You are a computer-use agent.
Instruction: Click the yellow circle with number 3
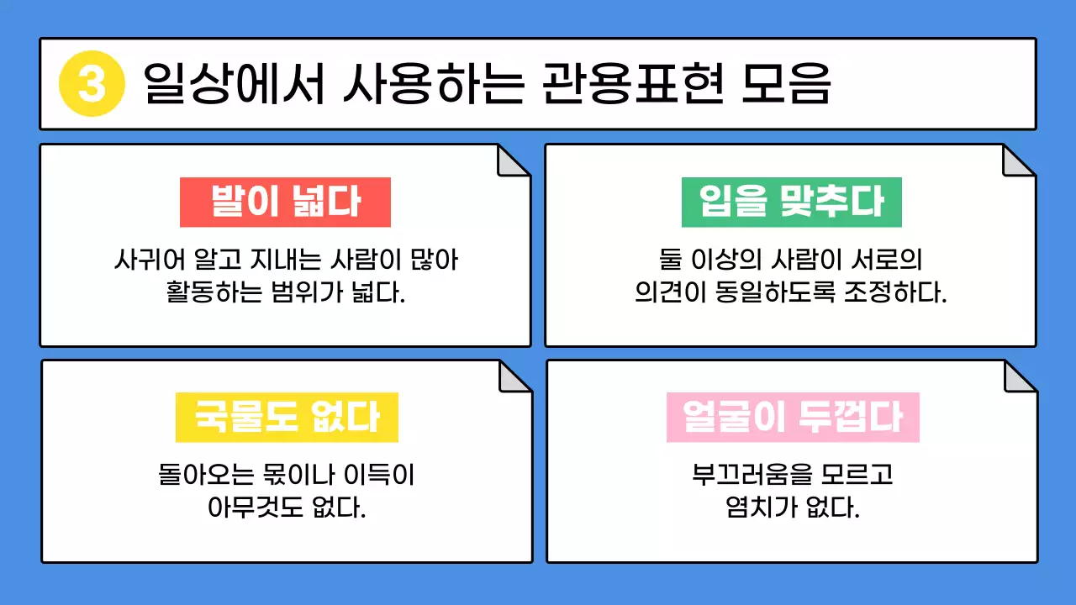tap(92, 84)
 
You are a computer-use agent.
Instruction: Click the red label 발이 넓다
tap(285, 203)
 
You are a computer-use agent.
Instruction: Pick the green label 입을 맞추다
tap(791, 203)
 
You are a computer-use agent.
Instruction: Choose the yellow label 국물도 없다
tap(286, 418)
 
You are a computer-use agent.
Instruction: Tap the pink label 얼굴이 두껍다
tap(792, 418)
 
